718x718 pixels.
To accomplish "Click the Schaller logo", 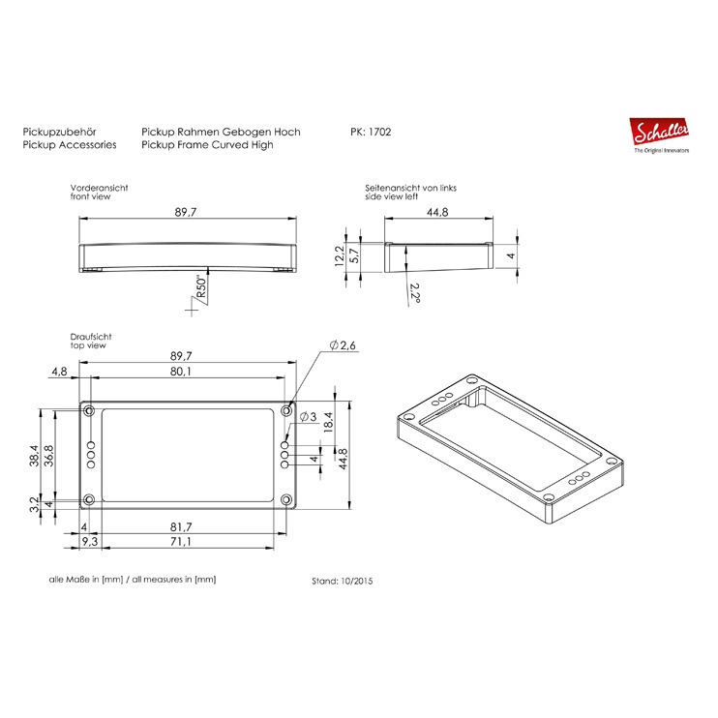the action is click(x=659, y=135).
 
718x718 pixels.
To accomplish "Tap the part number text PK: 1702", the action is click(x=371, y=132).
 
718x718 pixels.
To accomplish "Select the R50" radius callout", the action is click(x=201, y=286).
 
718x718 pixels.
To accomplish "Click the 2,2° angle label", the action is click(x=415, y=293).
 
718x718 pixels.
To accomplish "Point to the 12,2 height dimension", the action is click(x=340, y=256).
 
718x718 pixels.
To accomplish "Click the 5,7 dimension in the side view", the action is click(x=354, y=255).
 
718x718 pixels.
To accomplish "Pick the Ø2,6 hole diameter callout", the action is click(x=343, y=345).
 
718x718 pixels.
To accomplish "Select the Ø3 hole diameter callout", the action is click(x=308, y=417).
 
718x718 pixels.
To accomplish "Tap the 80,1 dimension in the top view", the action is click(x=181, y=371).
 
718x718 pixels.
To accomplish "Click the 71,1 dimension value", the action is click(x=181, y=542).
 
